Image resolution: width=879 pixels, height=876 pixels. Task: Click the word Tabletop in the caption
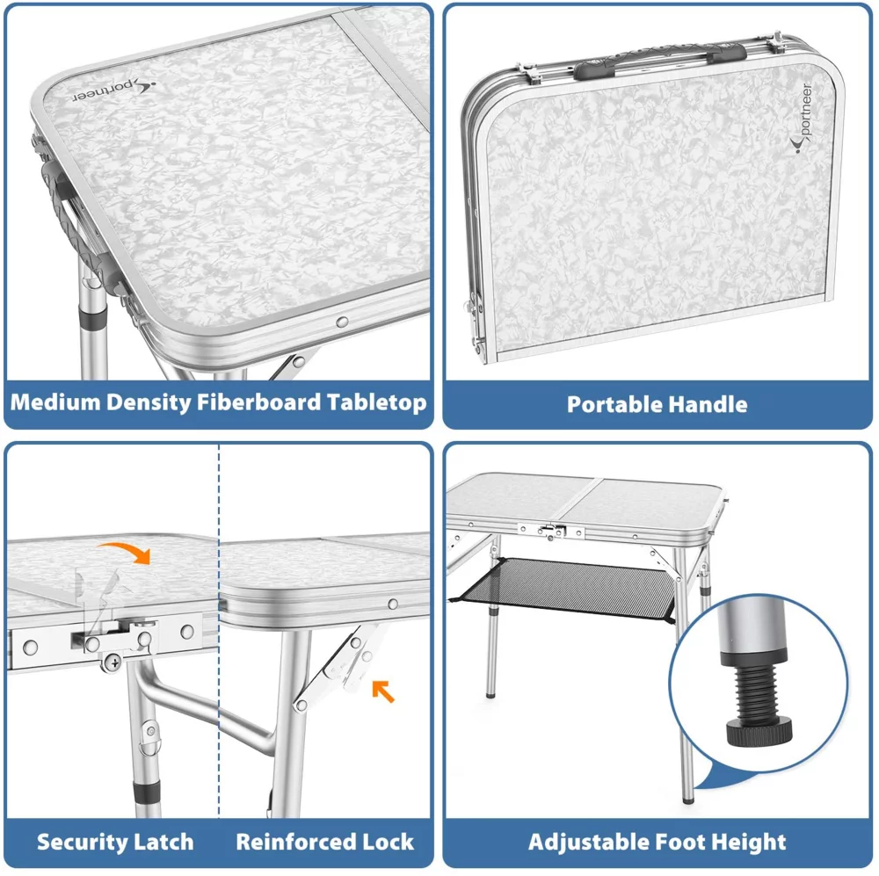pos(377,402)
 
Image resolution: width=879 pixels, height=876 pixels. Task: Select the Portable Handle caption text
pos(657,404)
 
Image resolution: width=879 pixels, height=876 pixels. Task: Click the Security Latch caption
pos(114,842)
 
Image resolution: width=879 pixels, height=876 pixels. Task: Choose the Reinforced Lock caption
pos(324,842)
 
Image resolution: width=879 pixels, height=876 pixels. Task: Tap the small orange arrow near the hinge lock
pos(382,691)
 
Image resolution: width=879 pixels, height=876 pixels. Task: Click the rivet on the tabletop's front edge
pos(342,322)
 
